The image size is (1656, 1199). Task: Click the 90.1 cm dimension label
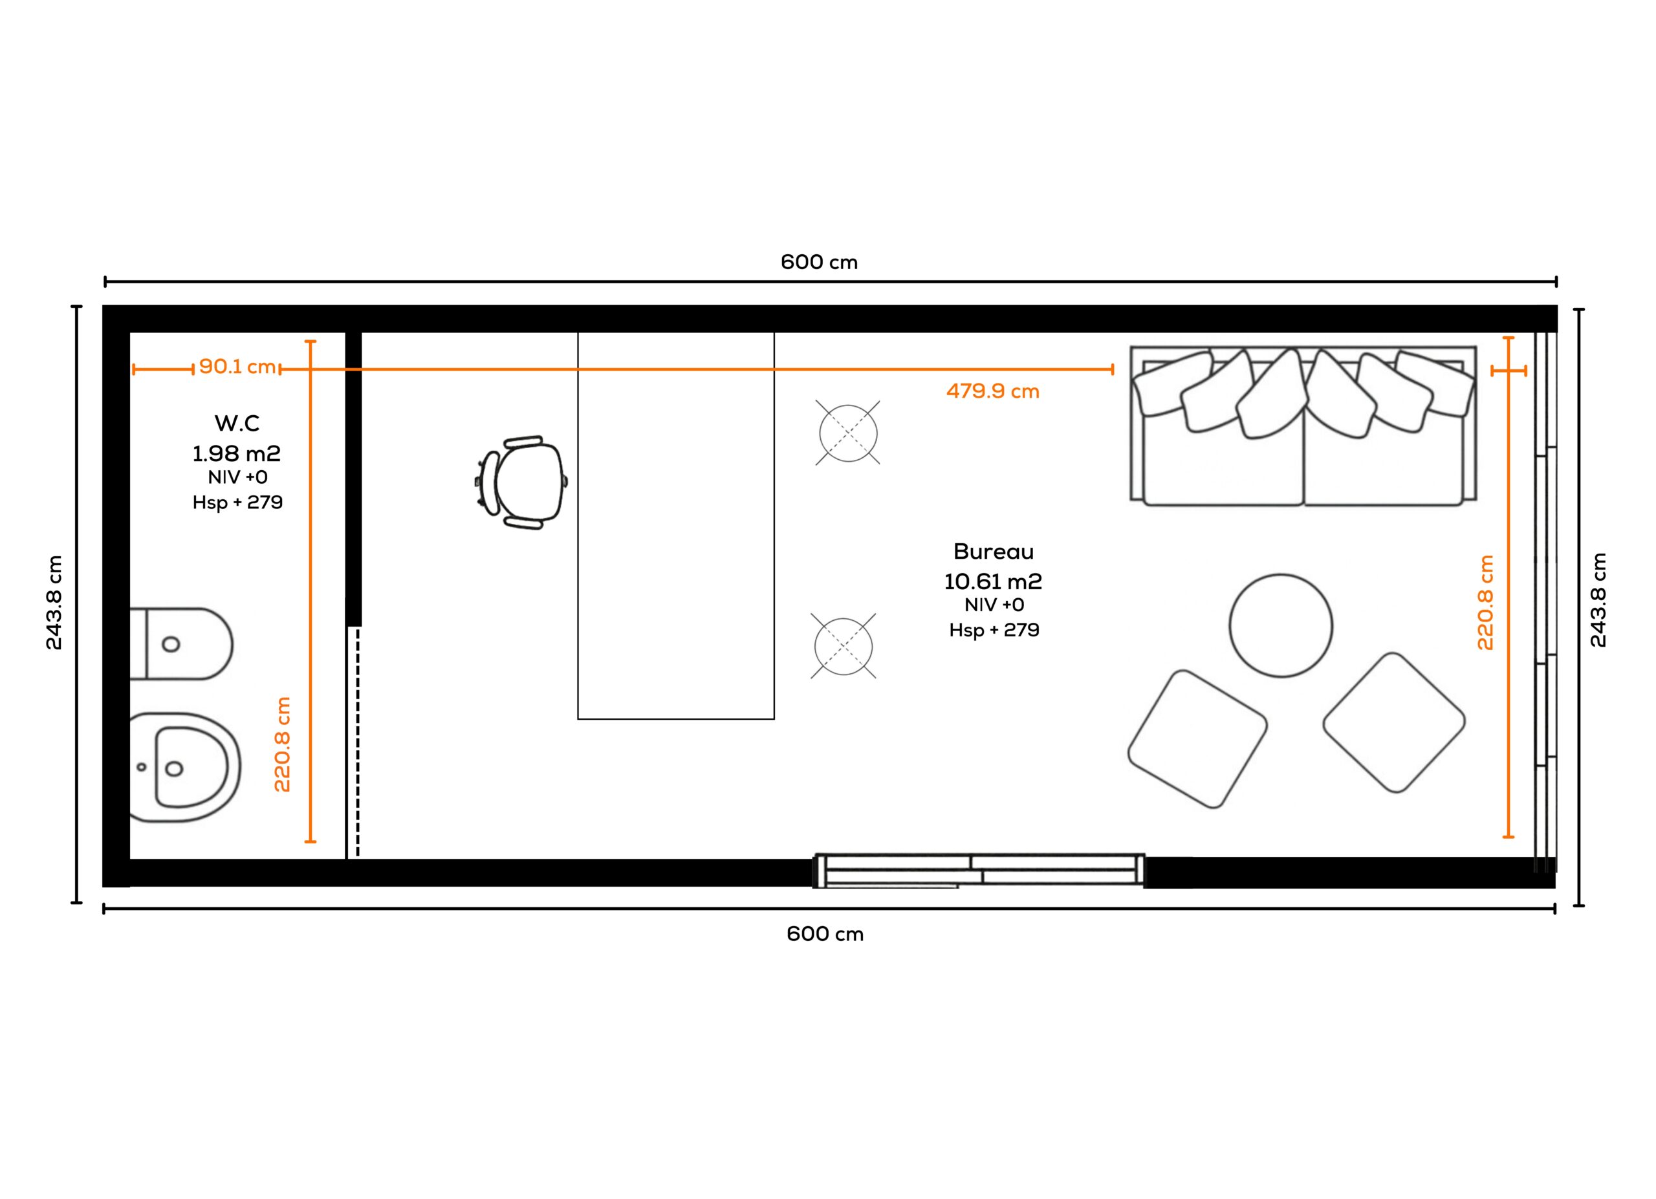click(237, 366)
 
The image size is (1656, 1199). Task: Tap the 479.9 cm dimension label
click(992, 391)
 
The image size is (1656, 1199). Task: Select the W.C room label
click(237, 423)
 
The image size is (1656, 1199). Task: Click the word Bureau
click(993, 551)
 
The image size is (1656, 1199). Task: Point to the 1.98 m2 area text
click(237, 454)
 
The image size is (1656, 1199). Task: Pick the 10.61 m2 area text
click(993, 581)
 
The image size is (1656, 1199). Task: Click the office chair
click(521, 482)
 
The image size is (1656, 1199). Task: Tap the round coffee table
click(1281, 625)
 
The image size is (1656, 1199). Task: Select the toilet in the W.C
click(181, 643)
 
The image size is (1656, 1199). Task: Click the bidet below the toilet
click(186, 767)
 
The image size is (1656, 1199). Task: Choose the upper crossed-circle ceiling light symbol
click(847, 433)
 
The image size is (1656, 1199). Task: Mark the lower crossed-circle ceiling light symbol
click(844, 646)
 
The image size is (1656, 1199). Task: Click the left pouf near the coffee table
click(1197, 739)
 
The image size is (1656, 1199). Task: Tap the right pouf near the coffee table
click(1394, 722)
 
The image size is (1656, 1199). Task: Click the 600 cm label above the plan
click(819, 262)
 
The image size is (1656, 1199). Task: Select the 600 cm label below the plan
click(825, 934)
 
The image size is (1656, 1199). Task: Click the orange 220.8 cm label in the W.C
click(282, 744)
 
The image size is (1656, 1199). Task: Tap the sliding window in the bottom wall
click(979, 870)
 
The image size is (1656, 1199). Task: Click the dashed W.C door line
click(357, 741)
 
